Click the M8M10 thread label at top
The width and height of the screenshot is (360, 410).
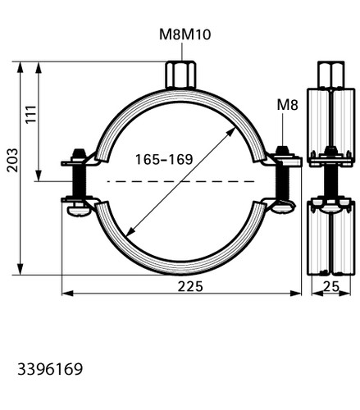[x=185, y=34]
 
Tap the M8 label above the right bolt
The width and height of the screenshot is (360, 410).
[x=287, y=105]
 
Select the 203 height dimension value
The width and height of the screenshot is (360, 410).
[x=12, y=160]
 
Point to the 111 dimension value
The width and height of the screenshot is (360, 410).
[x=31, y=114]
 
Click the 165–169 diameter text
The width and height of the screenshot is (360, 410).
[x=164, y=159]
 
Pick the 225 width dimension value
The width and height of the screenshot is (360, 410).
[x=190, y=286]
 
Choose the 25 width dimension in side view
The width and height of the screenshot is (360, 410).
[x=331, y=287]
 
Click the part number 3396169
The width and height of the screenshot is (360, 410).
[x=50, y=369]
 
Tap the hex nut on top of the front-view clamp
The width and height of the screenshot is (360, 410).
[x=180, y=75]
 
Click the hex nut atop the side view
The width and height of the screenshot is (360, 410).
[x=330, y=75]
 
